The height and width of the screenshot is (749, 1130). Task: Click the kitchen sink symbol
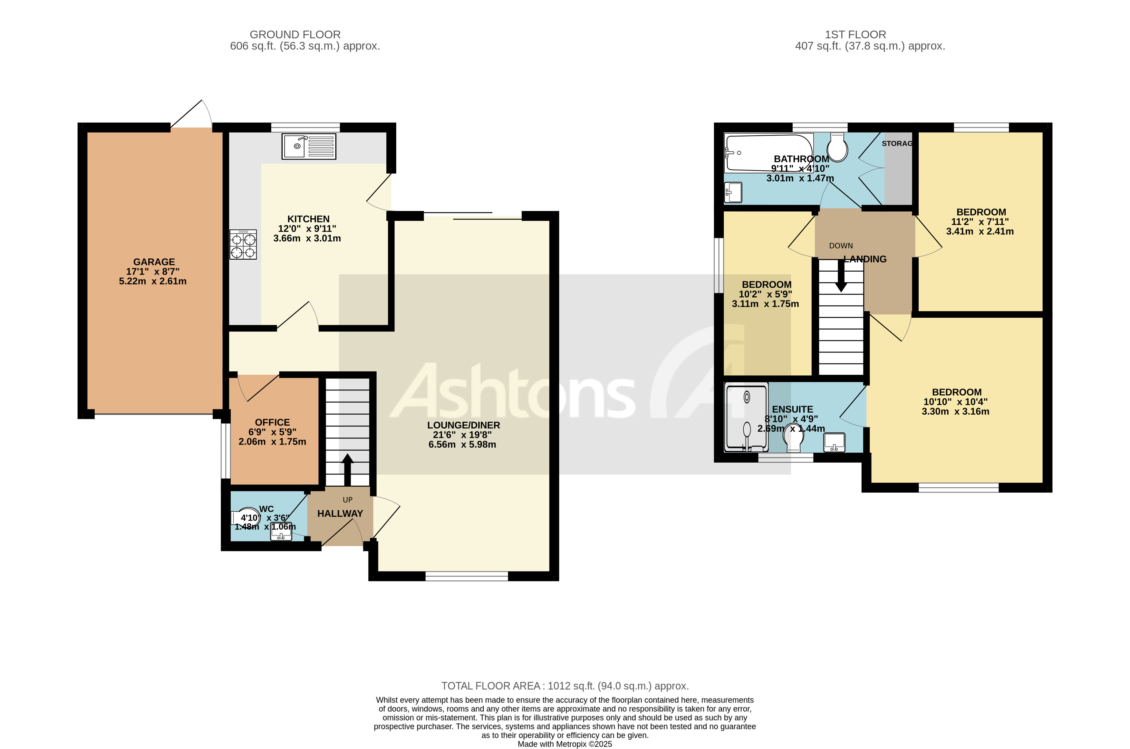[x=309, y=146]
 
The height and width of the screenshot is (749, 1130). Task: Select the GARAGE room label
[x=154, y=262]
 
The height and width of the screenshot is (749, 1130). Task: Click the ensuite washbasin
[x=834, y=442]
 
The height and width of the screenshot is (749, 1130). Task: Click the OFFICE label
[x=272, y=422]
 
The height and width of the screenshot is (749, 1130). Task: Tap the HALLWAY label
[x=340, y=514]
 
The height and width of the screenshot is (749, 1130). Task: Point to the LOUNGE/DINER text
[x=463, y=425]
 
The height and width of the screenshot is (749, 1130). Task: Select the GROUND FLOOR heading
[x=295, y=34]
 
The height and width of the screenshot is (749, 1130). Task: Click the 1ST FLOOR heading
[x=855, y=34]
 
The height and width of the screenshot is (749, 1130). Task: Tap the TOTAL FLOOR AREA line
[x=565, y=686]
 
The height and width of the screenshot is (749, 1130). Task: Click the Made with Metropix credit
[x=565, y=744]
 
